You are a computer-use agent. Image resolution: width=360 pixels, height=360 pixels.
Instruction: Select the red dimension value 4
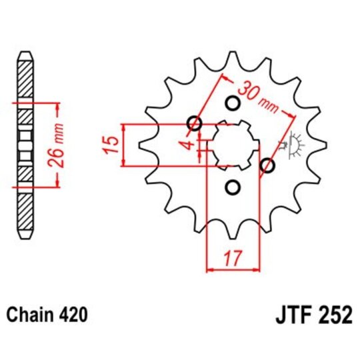click(191, 144)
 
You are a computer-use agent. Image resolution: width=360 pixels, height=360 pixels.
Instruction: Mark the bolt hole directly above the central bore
click(233, 103)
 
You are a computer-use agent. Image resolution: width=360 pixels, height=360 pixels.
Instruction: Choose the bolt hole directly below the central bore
click(233, 188)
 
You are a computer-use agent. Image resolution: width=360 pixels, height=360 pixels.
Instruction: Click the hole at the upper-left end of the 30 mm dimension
click(195, 123)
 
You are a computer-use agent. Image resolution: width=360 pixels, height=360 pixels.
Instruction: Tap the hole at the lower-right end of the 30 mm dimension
click(268, 166)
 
